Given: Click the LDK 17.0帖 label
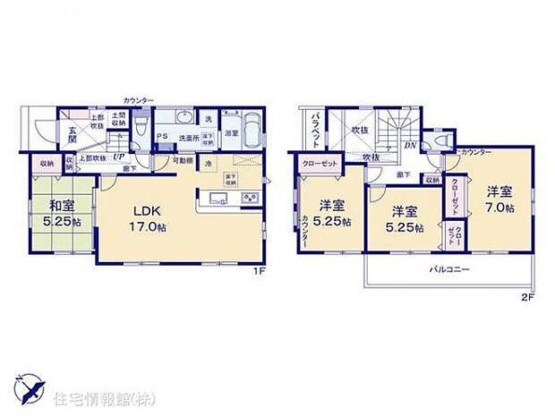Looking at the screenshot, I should click(146, 217).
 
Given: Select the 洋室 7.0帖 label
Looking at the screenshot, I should click(499, 199).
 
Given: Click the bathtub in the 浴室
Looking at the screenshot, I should click(251, 131).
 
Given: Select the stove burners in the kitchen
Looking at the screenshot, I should click(250, 199).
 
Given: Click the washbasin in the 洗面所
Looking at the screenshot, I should click(185, 119).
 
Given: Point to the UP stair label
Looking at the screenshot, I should click(118, 155).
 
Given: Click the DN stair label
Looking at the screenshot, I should click(409, 144).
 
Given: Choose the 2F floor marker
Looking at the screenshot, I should click(528, 298).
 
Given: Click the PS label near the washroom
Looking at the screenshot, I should click(163, 137).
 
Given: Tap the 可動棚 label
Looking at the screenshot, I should click(184, 161).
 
